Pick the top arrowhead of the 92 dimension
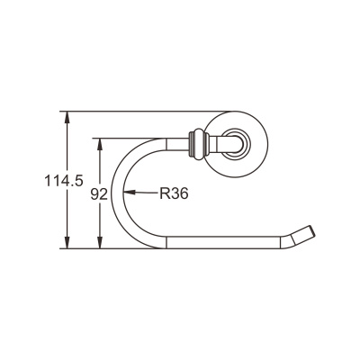tap(100, 141)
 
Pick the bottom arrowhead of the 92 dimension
tap(100, 244)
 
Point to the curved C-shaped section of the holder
tap(120, 193)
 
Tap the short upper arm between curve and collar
tap(175, 141)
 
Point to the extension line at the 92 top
tap(126, 137)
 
